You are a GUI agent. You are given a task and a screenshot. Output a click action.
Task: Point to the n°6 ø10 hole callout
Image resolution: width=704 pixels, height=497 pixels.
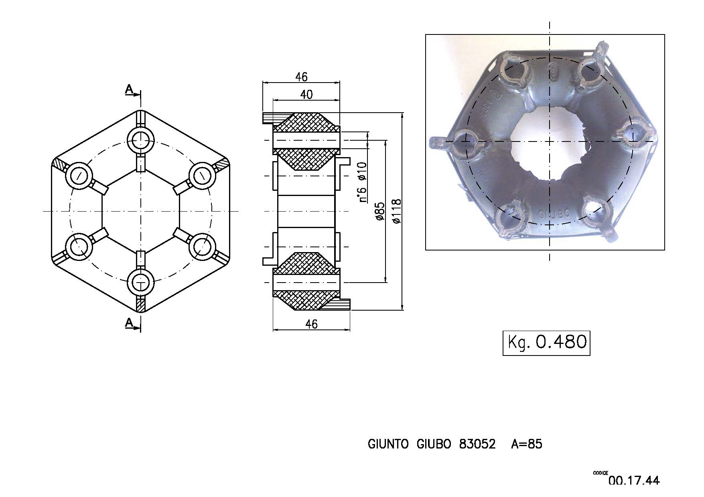(x=362, y=182)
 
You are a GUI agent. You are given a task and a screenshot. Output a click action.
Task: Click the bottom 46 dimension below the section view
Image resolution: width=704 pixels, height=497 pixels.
(x=311, y=324)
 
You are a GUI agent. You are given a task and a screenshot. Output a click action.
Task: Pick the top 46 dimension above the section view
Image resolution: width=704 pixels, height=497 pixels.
(x=301, y=76)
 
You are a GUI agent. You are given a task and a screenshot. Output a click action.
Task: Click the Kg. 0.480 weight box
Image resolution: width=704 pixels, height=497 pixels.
(x=546, y=343)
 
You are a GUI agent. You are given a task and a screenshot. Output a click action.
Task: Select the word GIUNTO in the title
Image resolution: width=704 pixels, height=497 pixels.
(x=388, y=444)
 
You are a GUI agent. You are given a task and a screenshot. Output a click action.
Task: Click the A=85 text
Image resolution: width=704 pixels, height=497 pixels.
(x=526, y=444)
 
